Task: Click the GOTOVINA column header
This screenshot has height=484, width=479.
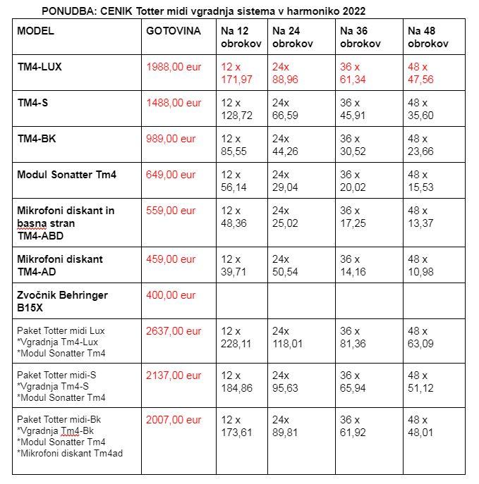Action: [x=173, y=31]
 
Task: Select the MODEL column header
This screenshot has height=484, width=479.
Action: [x=35, y=31]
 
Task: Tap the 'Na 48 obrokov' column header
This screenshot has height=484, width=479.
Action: [x=428, y=37]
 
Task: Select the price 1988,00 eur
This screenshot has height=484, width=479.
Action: [x=174, y=67]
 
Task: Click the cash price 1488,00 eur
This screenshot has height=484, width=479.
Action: [x=174, y=103]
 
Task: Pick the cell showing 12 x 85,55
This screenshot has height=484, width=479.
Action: [x=236, y=144]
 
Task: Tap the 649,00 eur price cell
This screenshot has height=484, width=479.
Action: [x=171, y=175]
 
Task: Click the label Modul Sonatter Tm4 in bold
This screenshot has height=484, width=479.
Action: [x=67, y=175]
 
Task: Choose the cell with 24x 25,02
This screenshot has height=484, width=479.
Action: [x=285, y=216]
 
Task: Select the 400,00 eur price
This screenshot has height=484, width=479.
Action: [x=171, y=295]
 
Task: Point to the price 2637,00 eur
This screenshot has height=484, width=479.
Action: [x=174, y=331]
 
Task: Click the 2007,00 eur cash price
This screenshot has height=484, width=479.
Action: [x=174, y=420]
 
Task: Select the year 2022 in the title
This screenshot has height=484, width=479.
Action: [x=353, y=11]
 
